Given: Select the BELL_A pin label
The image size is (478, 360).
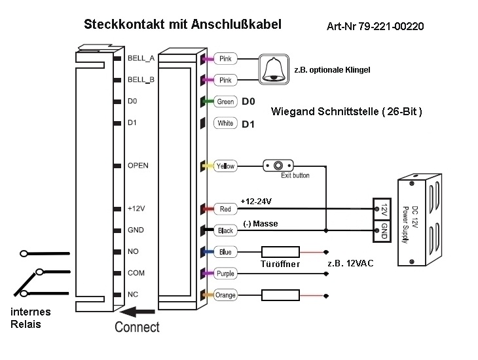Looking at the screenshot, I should (141, 58).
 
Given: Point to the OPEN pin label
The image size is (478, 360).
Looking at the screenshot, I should (138, 166).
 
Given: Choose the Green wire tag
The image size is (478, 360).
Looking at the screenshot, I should (225, 101).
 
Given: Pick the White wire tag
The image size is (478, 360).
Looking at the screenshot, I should (225, 123).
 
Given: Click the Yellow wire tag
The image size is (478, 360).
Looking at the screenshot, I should (225, 166).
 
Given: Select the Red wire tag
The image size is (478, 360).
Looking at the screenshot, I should (225, 209).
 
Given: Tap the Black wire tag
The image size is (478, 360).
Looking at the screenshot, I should (225, 230).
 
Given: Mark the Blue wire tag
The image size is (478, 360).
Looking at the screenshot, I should (225, 252).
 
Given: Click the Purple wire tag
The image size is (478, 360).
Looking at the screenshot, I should (225, 274).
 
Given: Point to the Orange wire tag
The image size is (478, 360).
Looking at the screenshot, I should (225, 295).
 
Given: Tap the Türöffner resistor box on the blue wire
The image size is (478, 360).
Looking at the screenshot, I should (280, 252).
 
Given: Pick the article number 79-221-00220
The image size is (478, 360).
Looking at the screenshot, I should (375, 27).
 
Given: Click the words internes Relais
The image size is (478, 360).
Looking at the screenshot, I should (30, 317).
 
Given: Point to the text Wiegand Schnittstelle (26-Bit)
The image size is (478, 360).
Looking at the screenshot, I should (346, 112).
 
